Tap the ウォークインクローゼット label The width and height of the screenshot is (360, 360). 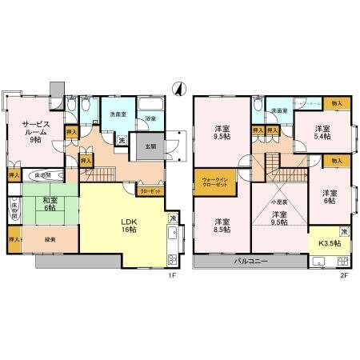217,183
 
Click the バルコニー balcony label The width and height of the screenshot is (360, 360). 250,262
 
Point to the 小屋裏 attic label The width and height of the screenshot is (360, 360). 278,202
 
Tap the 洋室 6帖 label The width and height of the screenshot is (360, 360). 330,197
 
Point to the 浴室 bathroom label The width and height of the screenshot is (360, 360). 149,119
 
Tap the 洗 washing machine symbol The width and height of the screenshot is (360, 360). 122,141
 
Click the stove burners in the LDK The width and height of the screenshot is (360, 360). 172,258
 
